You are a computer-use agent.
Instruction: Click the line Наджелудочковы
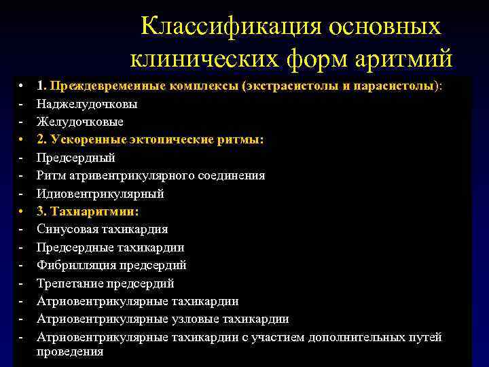pyautogui.click(x=87, y=105)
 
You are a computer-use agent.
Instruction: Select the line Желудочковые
pyautogui.click(x=80, y=122)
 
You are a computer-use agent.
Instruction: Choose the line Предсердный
pyautogui.click(x=76, y=158)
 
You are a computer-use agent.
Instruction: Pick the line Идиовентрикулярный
pyautogui.click(x=101, y=194)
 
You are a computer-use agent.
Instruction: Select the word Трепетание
pyautogui.click(x=70, y=283)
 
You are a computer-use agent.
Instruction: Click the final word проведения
pyautogui.click(x=70, y=351)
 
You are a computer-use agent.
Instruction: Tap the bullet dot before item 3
pyautogui.click(x=22, y=211)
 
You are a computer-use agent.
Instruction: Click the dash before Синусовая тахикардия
pyautogui.click(x=22, y=229)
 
